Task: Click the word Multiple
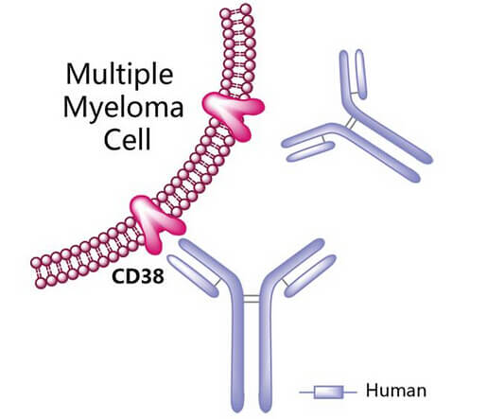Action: click(119, 76)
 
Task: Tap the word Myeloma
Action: click(123, 109)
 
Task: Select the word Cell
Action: click(128, 139)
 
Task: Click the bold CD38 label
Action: click(138, 276)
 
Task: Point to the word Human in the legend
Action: click(396, 391)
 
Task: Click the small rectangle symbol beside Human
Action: click(328, 393)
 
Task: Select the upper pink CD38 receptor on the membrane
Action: click(234, 114)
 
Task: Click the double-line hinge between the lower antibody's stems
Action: click(252, 299)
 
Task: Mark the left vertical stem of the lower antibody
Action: click(237, 347)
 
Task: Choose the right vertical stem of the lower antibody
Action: click(266, 347)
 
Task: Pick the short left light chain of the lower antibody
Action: click(193, 275)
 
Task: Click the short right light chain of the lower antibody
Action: click(310, 275)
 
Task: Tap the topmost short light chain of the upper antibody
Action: click(360, 74)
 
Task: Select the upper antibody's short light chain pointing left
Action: click(310, 151)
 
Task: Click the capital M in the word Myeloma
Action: click(77, 108)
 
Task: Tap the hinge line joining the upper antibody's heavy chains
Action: click(350, 122)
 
